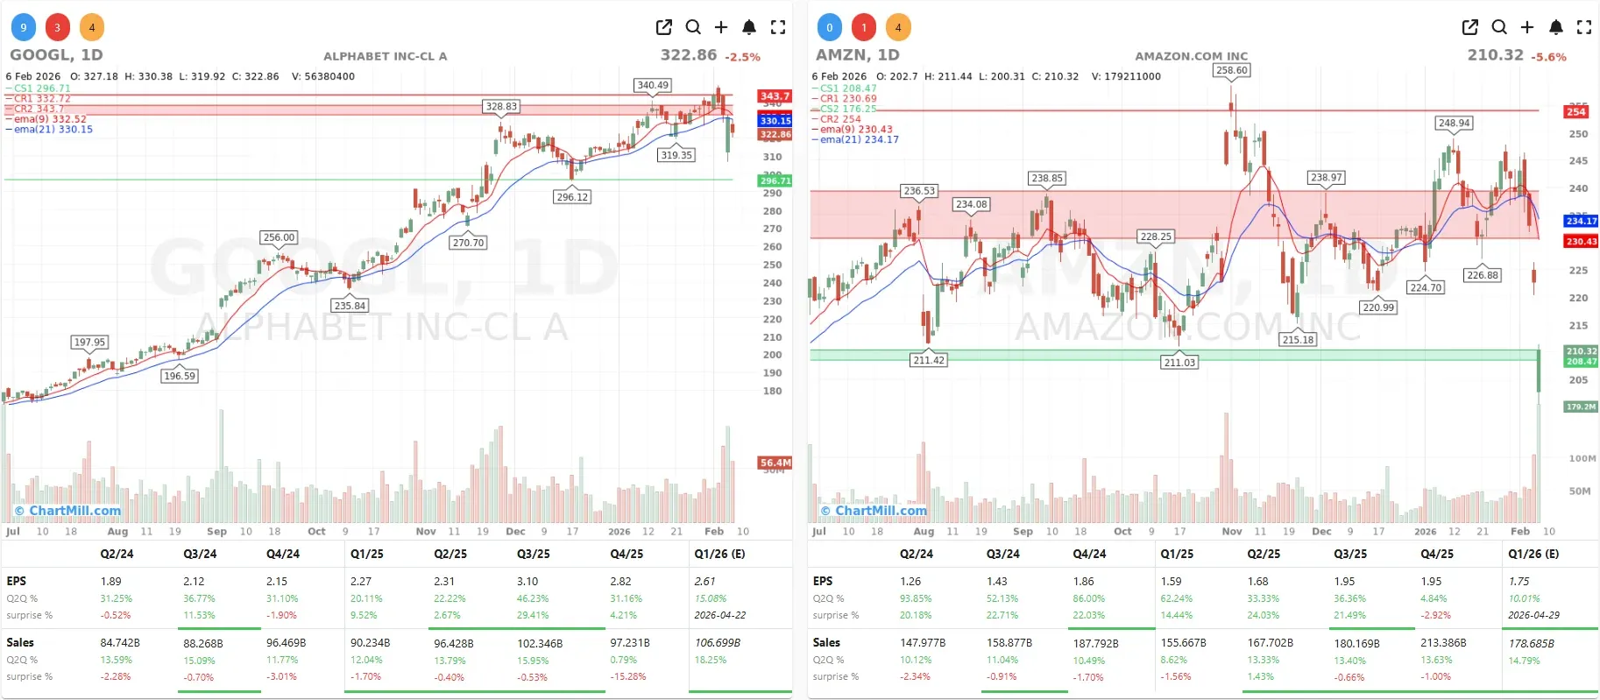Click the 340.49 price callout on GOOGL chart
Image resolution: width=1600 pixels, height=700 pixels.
point(652,85)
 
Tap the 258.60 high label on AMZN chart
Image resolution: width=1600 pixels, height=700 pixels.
point(1231,70)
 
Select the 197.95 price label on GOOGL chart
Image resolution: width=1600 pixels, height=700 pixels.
point(89,342)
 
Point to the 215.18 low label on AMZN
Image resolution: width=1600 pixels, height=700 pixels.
point(1298,340)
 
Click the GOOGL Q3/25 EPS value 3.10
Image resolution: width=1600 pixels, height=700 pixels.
point(527,581)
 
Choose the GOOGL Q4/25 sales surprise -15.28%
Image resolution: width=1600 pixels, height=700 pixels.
point(628,676)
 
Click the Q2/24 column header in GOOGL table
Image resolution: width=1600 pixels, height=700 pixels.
point(117,554)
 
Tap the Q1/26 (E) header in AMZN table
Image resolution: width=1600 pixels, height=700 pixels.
point(1533,554)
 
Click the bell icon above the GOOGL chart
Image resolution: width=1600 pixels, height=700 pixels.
point(749,27)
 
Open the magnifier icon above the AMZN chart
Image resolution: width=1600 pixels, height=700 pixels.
point(1499,27)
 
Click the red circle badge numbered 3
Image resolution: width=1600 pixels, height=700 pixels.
point(58,27)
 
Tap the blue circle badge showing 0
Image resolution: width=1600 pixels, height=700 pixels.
point(830,27)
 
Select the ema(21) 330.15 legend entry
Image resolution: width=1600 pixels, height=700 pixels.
point(53,130)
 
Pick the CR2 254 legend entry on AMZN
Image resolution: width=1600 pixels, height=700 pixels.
point(840,119)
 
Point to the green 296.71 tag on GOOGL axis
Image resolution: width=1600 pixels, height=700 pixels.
point(775,180)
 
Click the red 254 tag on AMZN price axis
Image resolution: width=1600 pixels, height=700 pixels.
point(1576,111)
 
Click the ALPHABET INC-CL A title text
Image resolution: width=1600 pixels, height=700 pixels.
point(385,56)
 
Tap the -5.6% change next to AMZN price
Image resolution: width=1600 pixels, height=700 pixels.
point(1548,57)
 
